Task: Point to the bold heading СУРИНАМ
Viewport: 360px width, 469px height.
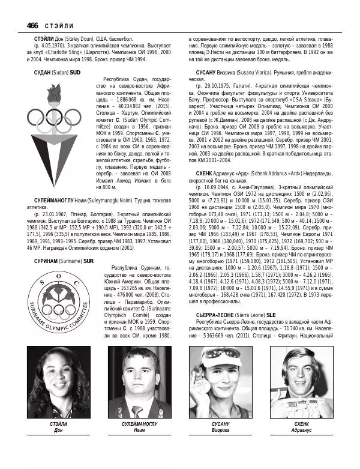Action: coord(47,278)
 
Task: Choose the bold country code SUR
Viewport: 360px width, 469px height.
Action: coord(89,278)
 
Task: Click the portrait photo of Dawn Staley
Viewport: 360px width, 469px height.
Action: coord(59,382)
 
